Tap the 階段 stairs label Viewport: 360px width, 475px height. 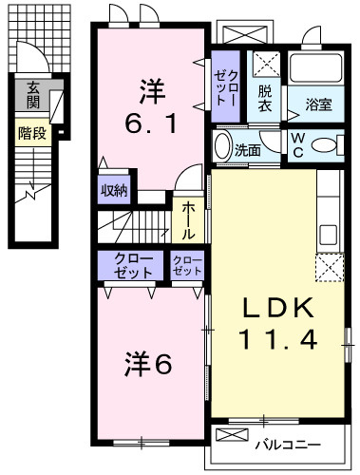(x=32, y=134)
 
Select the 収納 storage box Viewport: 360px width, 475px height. (x=114, y=187)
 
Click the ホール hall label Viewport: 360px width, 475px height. (x=188, y=218)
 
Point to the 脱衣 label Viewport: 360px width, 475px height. (x=266, y=99)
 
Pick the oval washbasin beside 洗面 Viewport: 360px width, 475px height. (x=223, y=148)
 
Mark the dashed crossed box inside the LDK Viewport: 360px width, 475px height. (x=328, y=267)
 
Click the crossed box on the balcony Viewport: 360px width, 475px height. (x=233, y=434)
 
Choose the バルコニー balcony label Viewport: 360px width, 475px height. (x=286, y=444)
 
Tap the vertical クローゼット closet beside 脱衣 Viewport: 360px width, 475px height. (x=227, y=86)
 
